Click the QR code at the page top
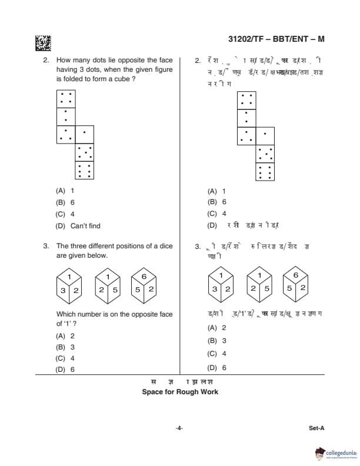point(43,43)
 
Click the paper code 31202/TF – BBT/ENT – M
point(276,39)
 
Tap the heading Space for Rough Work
point(180,392)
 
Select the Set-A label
point(316,428)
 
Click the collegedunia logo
point(336,453)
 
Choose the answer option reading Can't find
point(85,226)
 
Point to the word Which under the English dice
point(66,314)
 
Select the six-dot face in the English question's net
point(85,171)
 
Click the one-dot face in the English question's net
point(66,116)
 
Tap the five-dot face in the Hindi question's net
point(265,153)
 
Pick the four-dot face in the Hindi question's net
point(246,99)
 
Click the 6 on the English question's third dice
point(144,276)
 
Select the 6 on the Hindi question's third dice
point(295,275)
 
